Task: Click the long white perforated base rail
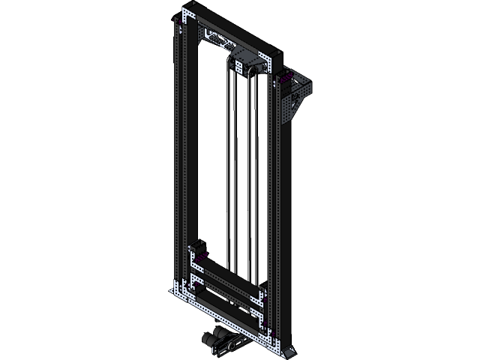click(x=225, y=319)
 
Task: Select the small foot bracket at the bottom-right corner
click(x=289, y=350)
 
